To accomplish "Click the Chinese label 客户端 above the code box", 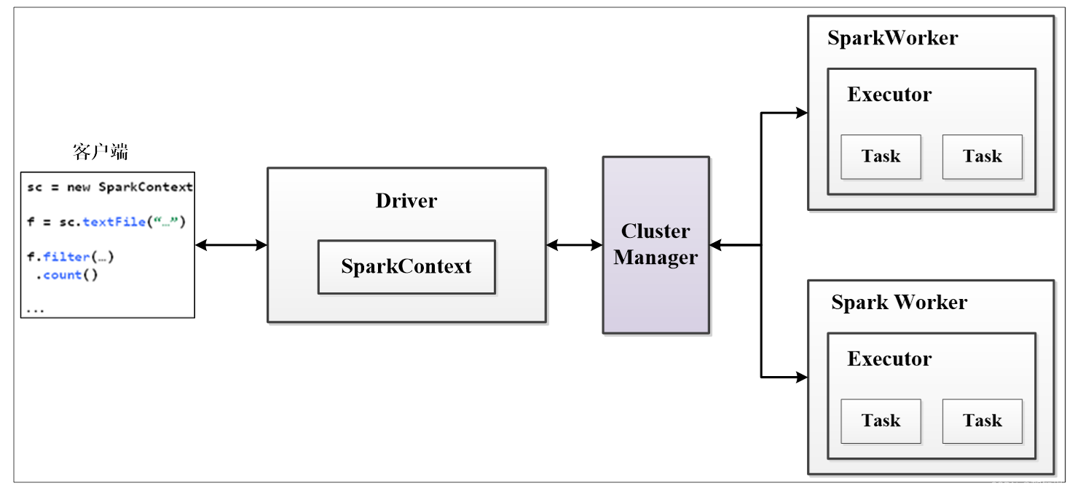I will coord(101,151).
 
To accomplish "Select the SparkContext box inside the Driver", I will coord(406,267).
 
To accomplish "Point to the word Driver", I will coord(406,201).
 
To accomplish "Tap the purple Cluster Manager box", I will coord(655,245).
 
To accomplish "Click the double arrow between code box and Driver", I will coord(231,245).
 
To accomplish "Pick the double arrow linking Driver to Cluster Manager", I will coord(574,245).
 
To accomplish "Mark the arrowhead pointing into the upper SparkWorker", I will coord(802,113).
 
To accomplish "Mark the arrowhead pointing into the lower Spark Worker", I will coord(802,377).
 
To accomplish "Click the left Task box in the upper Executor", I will coord(881,156).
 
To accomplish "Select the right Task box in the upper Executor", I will coord(982,156).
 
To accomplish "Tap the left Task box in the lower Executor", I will coord(881,420).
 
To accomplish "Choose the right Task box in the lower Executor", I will coord(982,420).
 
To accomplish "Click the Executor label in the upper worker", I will coord(889,95).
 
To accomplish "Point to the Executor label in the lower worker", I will coord(889,359).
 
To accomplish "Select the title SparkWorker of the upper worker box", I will coord(892,38).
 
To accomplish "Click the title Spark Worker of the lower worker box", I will coord(899,303).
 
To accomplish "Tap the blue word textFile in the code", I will coord(114,222).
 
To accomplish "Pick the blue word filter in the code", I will coord(66,257).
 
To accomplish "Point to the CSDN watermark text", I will coord(1026,486).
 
